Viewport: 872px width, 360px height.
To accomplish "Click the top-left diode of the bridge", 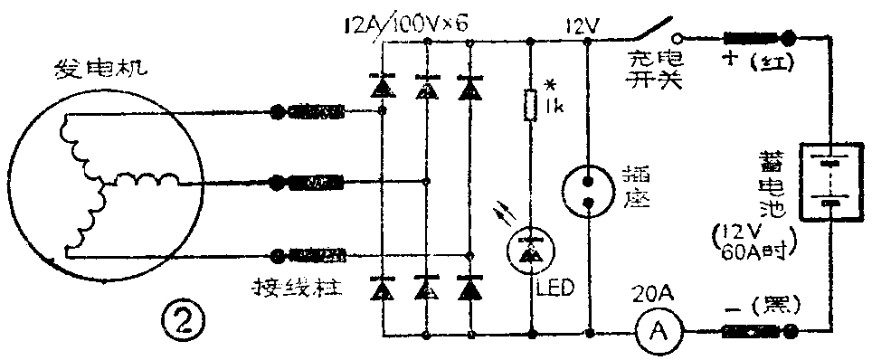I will [x=384, y=89].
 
